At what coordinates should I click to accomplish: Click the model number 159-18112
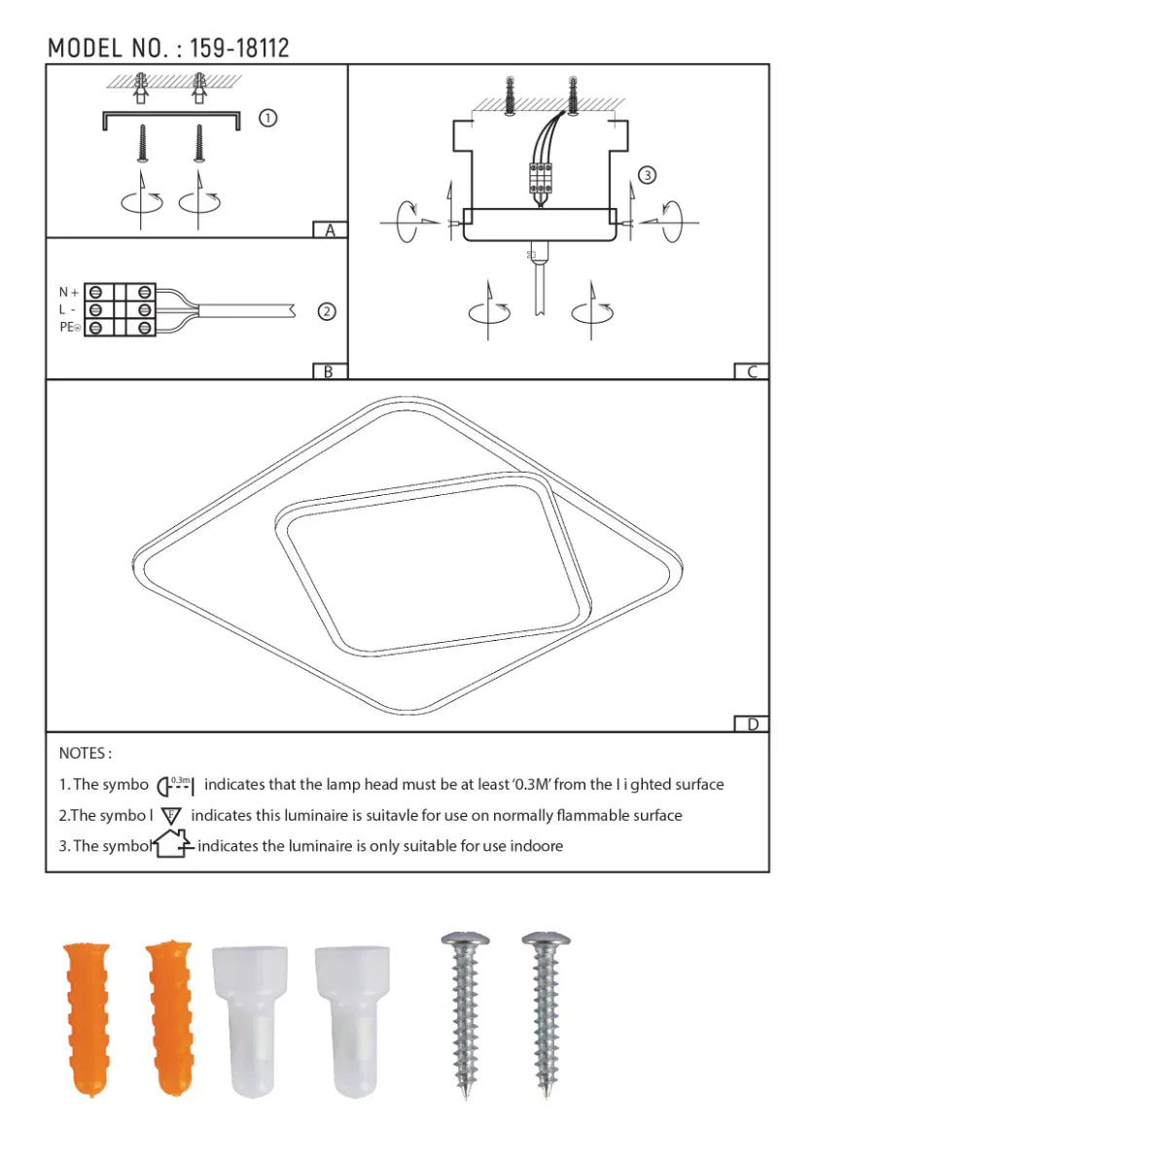click(239, 48)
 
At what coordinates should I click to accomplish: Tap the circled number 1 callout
click(267, 118)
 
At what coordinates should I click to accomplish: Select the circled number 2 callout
click(327, 311)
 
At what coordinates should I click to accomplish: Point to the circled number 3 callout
click(647, 175)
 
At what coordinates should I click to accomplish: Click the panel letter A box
click(330, 230)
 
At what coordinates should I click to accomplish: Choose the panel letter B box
click(329, 371)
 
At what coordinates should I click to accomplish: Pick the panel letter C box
click(752, 371)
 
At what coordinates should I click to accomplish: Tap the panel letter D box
click(752, 724)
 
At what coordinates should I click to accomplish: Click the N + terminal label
click(68, 292)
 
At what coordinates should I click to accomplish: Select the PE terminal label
click(69, 328)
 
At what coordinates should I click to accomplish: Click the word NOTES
click(85, 753)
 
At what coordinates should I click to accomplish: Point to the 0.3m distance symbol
click(176, 785)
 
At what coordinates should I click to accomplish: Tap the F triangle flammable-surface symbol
click(171, 816)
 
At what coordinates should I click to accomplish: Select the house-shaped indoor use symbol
click(172, 843)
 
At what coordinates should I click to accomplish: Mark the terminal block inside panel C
click(541, 178)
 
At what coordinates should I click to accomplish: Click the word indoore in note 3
click(536, 846)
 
